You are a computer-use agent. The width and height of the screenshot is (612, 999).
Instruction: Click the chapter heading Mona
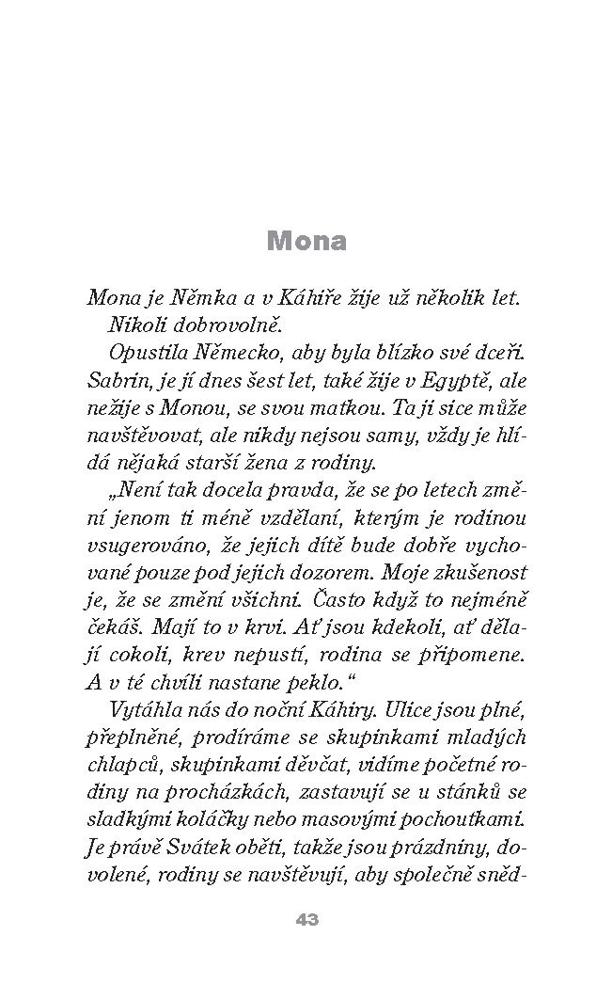(306, 241)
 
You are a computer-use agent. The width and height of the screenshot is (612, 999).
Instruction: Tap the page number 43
(306, 920)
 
